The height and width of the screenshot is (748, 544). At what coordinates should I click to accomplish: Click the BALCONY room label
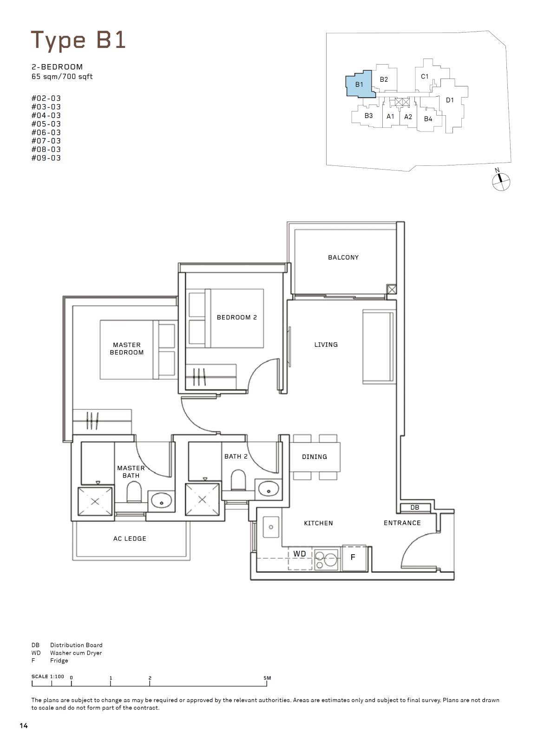tap(343, 257)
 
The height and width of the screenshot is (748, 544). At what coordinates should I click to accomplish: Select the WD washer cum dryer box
tap(300, 558)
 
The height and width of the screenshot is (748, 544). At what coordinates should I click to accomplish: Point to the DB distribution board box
tap(414, 507)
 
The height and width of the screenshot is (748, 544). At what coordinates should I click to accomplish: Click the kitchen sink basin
tap(271, 527)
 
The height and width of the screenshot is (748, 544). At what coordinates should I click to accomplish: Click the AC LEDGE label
tap(130, 538)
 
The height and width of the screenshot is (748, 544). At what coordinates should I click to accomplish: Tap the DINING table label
tap(314, 457)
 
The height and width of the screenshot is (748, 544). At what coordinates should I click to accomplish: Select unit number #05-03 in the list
tap(46, 124)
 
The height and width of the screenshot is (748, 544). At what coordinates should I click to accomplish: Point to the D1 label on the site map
tap(450, 100)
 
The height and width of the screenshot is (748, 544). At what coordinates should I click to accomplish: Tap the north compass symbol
tap(501, 181)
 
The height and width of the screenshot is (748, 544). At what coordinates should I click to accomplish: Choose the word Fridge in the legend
tap(59, 661)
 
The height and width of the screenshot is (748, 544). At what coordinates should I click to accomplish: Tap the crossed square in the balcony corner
tap(391, 289)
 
